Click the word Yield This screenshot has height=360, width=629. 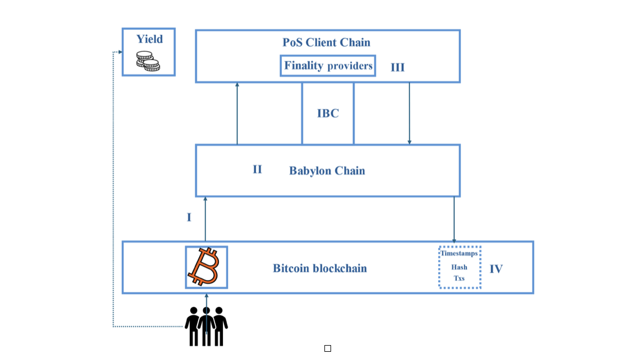150,39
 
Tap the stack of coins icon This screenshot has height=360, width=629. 148,61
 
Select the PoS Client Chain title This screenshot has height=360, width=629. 326,43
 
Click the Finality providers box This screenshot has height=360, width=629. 328,66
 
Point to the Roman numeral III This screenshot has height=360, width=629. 397,67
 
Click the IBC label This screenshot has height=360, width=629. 328,114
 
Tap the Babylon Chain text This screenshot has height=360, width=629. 327,171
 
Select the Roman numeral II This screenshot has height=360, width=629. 257,170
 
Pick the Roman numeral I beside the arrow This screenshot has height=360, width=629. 189,218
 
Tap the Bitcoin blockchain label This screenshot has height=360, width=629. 319,268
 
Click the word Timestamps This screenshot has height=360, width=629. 459,253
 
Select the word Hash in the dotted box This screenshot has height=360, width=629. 459,267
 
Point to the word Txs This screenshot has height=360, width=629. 459,278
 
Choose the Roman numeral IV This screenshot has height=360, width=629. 496,269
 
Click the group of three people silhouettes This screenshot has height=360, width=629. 206,326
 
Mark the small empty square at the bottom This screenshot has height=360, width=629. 328,348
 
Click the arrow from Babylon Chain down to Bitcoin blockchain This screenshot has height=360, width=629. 454,220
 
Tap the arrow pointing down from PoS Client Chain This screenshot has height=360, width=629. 409,114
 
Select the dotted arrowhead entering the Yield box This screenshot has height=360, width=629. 120,52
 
